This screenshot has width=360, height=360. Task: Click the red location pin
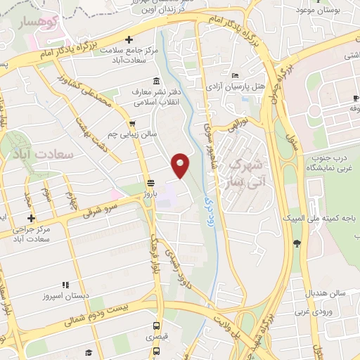tap(181, 165)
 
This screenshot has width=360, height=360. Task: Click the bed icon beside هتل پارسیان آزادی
tap(236, 75)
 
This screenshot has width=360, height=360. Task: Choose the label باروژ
tap(149, 191)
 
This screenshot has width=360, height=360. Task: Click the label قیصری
tap(156, 337)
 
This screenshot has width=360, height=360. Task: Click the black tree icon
tap(297, 244)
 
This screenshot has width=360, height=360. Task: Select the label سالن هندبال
tap(321, 292)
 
